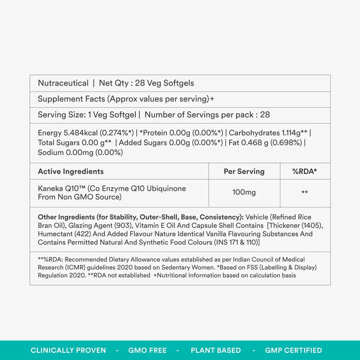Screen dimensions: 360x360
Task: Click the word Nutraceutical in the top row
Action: point(63,83)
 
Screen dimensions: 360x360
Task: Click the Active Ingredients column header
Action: point(71,171)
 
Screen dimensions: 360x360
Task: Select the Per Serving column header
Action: point(244,171)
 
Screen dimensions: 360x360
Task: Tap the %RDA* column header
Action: point(305,171)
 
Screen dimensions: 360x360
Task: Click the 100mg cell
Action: point(244,193)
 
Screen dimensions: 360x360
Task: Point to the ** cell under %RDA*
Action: point(305,193)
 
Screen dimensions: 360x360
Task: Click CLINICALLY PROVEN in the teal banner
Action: point(68,350)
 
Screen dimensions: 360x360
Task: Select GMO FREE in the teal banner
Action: point(148,350)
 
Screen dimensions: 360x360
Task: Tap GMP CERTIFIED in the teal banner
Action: point(293,350)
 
